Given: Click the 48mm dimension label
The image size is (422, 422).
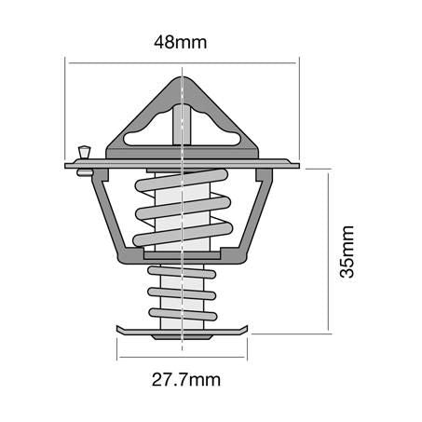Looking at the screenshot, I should tap(183, 42).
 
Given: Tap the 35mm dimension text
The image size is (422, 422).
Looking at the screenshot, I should tap(347, 252).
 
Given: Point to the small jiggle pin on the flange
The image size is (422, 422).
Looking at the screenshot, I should tap(84, 152).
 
